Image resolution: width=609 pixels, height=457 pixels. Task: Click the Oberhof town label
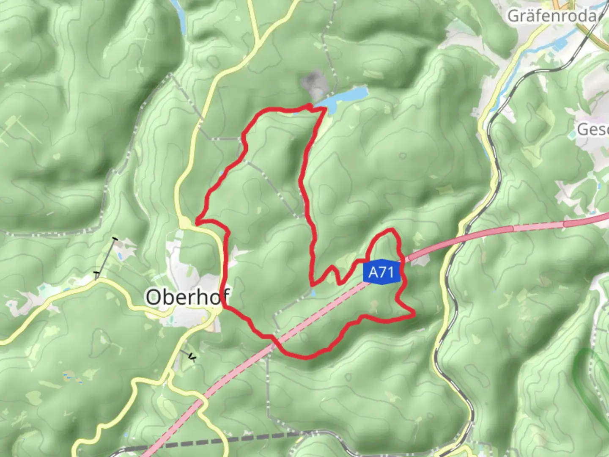[188, 297]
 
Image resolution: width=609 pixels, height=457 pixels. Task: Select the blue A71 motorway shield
[381, 272]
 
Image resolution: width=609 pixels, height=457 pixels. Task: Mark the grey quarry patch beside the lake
[313, 83]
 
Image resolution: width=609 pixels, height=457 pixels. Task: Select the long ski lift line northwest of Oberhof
[106, 258]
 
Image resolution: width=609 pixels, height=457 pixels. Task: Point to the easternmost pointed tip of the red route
[413, 314]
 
